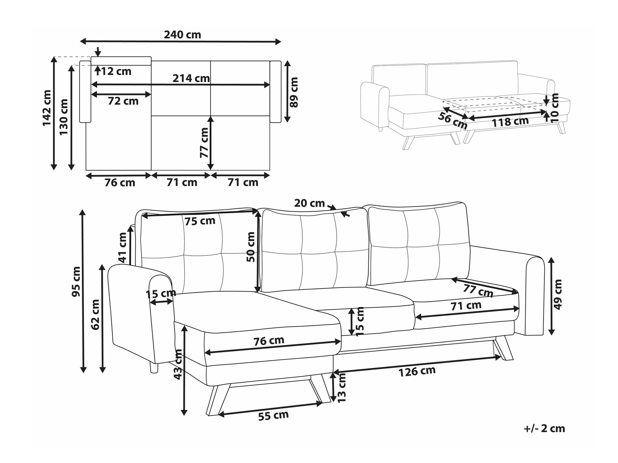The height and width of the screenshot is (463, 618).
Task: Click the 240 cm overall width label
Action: coord(182,35)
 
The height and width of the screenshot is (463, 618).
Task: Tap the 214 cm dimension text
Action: coord(191,78)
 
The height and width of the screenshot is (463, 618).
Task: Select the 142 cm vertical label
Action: coord(47,108)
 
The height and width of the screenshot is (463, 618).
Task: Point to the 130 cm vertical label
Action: coord(64,117)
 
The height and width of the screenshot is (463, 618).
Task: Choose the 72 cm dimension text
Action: coord(123,101)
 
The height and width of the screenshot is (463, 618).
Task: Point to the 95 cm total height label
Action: coord(76,281)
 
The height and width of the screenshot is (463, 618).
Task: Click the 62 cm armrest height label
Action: coord(96,314)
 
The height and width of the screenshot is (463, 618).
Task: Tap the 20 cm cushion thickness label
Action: coord(309,203)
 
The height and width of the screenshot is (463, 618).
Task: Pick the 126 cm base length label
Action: coord(417,372)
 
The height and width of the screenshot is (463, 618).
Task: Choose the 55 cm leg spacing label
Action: coord(273,416)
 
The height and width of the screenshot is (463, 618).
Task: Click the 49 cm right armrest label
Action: coord(558,294)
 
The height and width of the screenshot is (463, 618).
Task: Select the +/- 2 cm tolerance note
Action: coord(544,428)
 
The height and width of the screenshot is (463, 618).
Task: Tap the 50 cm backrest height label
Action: coord(251,247)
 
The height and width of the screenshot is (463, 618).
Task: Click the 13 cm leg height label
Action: coord(342,387)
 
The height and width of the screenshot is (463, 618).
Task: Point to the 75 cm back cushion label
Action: coord(200,221)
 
